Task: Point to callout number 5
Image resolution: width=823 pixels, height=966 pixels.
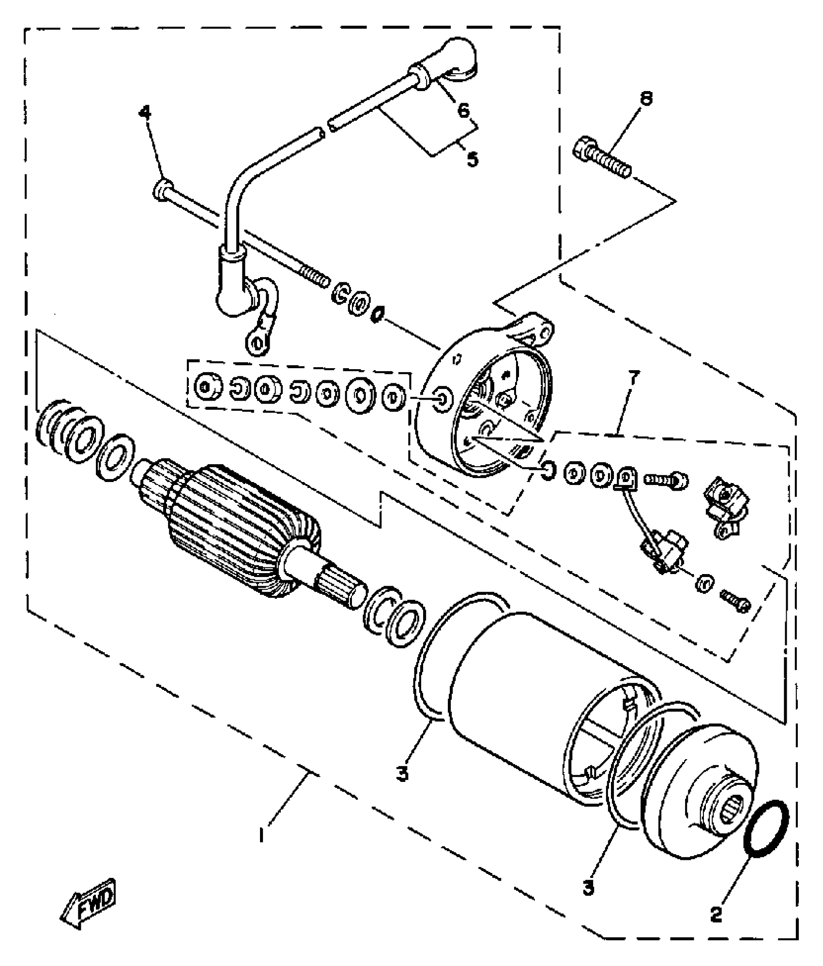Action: click(472, 158)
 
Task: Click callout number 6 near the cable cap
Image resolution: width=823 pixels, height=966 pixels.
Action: click(463, 111)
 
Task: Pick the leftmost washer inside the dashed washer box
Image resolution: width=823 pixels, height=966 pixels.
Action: click(205, 386)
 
